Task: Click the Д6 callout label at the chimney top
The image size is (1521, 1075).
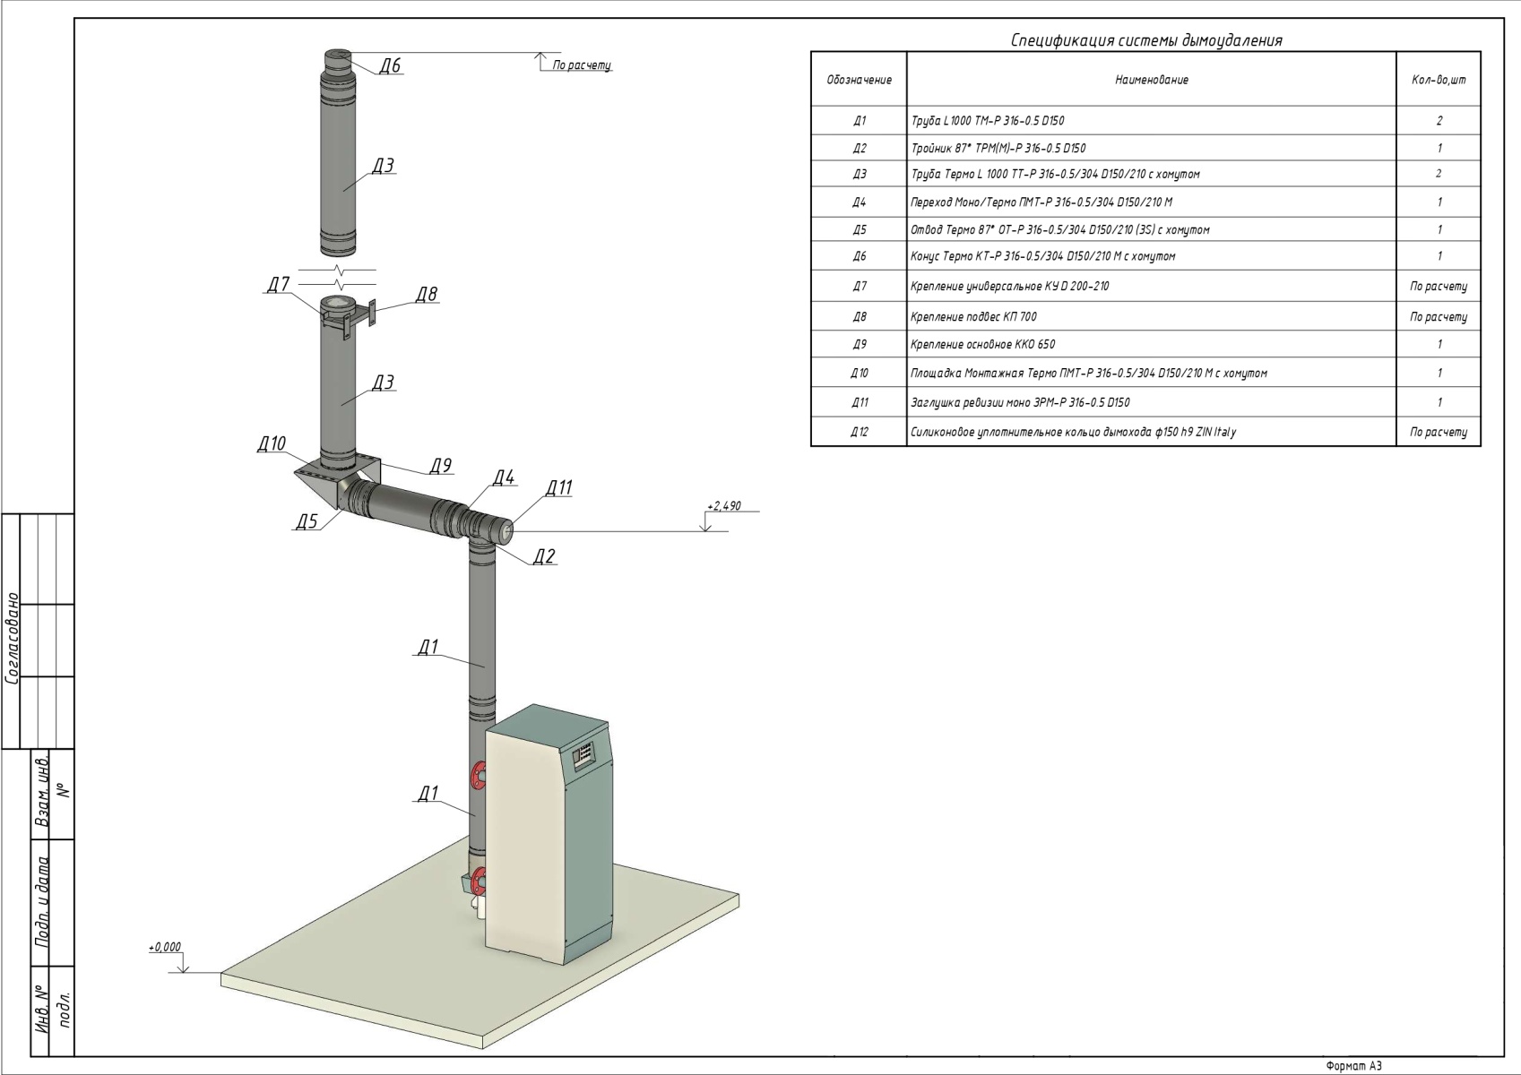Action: coord(389,65)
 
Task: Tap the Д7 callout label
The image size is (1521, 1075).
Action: coord(278,285)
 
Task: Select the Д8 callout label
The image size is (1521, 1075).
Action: coord(427,295)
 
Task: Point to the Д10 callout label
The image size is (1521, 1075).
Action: coord(271,444)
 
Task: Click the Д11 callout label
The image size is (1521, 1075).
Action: coord(558,488)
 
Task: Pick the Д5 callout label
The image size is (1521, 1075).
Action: coord(307,522)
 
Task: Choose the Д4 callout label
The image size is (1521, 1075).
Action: coord(504,477)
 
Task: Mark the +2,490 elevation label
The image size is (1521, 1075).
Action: coord(723,506)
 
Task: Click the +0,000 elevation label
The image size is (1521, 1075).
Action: coord(165,947)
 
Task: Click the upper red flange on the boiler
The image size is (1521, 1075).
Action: coord(478,774)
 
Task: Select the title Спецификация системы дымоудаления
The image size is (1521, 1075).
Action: coord(1146,40)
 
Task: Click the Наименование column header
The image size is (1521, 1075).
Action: coord(1151,80)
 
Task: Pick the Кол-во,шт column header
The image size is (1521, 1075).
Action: coord(1439,80)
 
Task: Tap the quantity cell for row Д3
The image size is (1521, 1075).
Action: coord(1439,174)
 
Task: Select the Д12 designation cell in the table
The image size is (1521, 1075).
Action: coord(859,432)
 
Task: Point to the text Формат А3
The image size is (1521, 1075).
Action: coord(1354,1066)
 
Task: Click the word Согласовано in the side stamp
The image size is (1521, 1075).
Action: coord(13,637)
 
